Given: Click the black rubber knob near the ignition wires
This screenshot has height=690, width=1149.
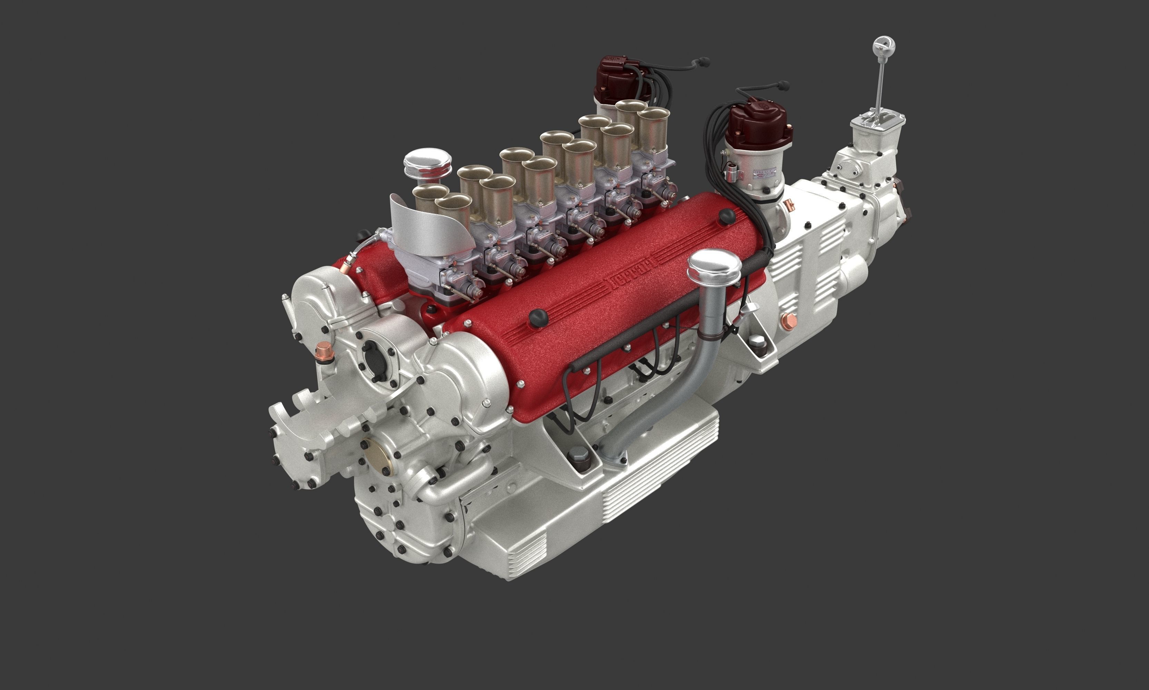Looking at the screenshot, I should coord(726,216).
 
